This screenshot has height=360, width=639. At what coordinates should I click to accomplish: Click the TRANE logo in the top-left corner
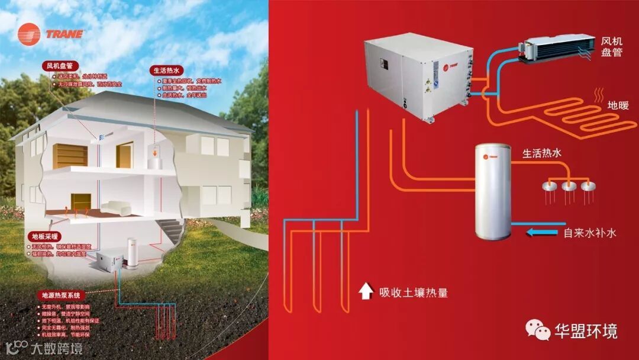click(50, 34)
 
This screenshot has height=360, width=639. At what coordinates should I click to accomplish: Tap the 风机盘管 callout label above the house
click(61, 66)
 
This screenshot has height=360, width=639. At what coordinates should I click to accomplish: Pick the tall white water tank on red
click(494, 191)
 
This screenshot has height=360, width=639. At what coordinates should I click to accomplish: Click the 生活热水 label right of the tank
click(541, 153)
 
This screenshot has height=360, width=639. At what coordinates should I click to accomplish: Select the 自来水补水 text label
click(590, 233)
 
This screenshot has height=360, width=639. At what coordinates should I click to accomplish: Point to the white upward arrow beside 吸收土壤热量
click(365, 291)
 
